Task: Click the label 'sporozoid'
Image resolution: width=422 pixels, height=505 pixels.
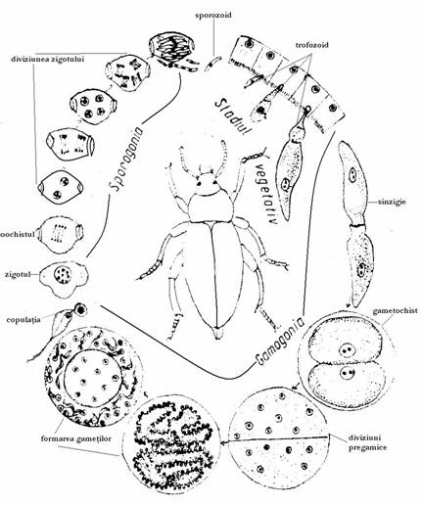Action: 213,16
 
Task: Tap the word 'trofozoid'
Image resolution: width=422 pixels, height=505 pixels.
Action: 312,45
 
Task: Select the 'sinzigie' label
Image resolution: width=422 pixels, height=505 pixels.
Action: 392,202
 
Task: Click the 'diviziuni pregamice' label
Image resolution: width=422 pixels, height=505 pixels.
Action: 368,442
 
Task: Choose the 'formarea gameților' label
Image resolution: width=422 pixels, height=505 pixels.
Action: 76,438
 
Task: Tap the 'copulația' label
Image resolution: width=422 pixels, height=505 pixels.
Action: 23,319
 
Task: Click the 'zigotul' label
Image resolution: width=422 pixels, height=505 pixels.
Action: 18,274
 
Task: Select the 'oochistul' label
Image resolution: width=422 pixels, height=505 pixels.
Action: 18,235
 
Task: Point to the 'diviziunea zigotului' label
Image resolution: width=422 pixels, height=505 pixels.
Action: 47,60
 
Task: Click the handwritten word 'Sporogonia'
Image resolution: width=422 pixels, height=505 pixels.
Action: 126,159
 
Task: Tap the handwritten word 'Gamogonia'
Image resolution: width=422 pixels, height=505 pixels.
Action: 280,342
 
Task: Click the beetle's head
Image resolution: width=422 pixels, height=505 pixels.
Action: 206,184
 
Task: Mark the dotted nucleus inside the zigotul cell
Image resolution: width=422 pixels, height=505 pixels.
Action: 63,274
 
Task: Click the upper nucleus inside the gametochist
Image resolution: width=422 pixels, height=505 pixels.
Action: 347,350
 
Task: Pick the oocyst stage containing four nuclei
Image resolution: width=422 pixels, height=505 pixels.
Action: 93,107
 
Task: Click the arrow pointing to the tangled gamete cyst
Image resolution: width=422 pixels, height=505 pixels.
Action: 274,439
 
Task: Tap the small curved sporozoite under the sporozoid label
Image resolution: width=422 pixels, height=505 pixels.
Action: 213,63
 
